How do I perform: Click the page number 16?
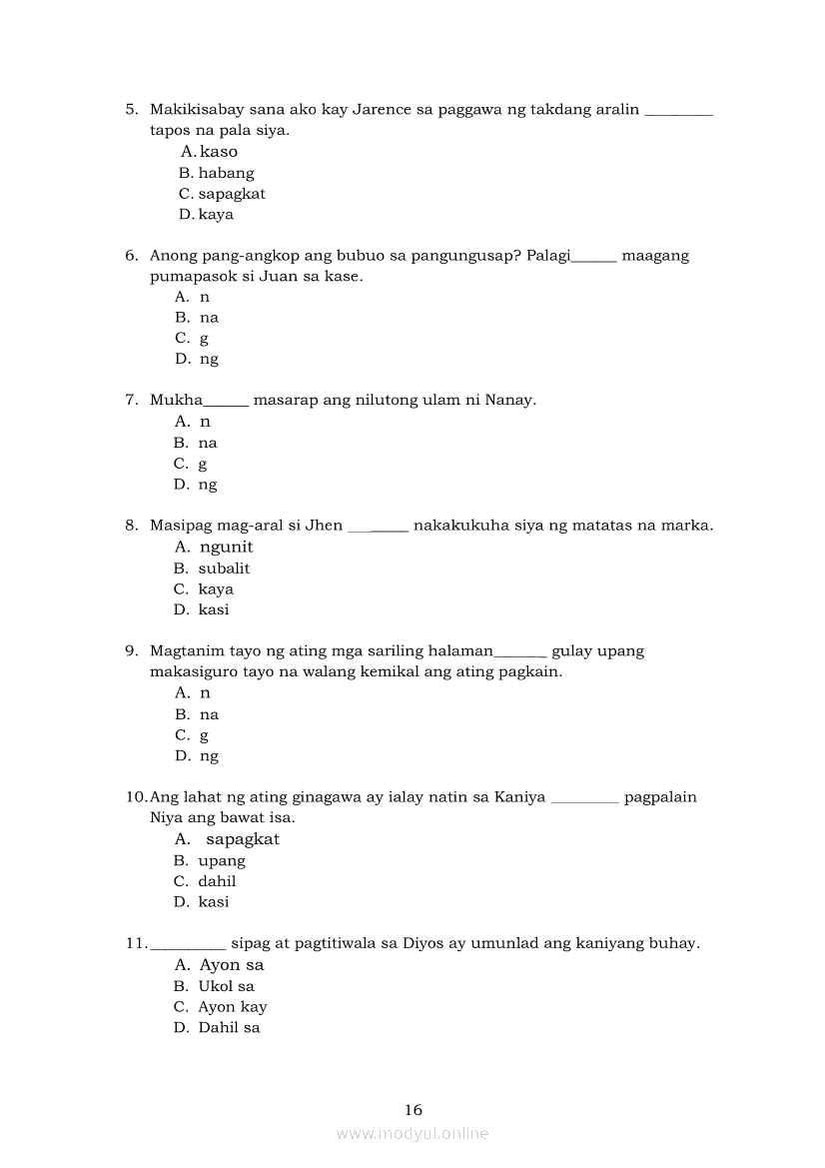(x=413, y=1109)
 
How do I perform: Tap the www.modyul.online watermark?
(x=412, y=1133)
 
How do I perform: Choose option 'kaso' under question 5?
(x=218, y=152)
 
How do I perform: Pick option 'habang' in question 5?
(x=226, y=173)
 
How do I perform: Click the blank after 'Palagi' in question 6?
(x=594, y=257)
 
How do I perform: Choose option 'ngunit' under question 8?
(x=226, y=547)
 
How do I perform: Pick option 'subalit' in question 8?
(x=224, y=568)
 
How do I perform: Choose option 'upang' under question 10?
(x=222, y=860)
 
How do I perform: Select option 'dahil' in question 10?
(x=217, y=881)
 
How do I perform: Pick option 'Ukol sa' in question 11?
(x=226, y=986)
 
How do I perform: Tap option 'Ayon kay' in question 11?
(x=232, y=1007)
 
